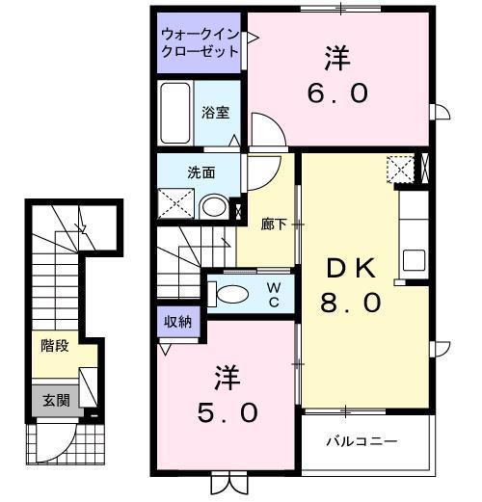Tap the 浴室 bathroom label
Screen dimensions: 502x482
click(x=216, y=113)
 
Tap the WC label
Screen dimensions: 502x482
click(x=274, y=293)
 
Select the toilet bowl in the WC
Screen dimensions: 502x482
click(x=231, y=294)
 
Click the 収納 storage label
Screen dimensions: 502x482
click(x=177, y=322)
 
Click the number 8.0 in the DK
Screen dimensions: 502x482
click(x=351, y=302)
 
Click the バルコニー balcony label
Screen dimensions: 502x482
click(x=361, y=442)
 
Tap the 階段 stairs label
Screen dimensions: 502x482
click(x=55, y=346)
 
